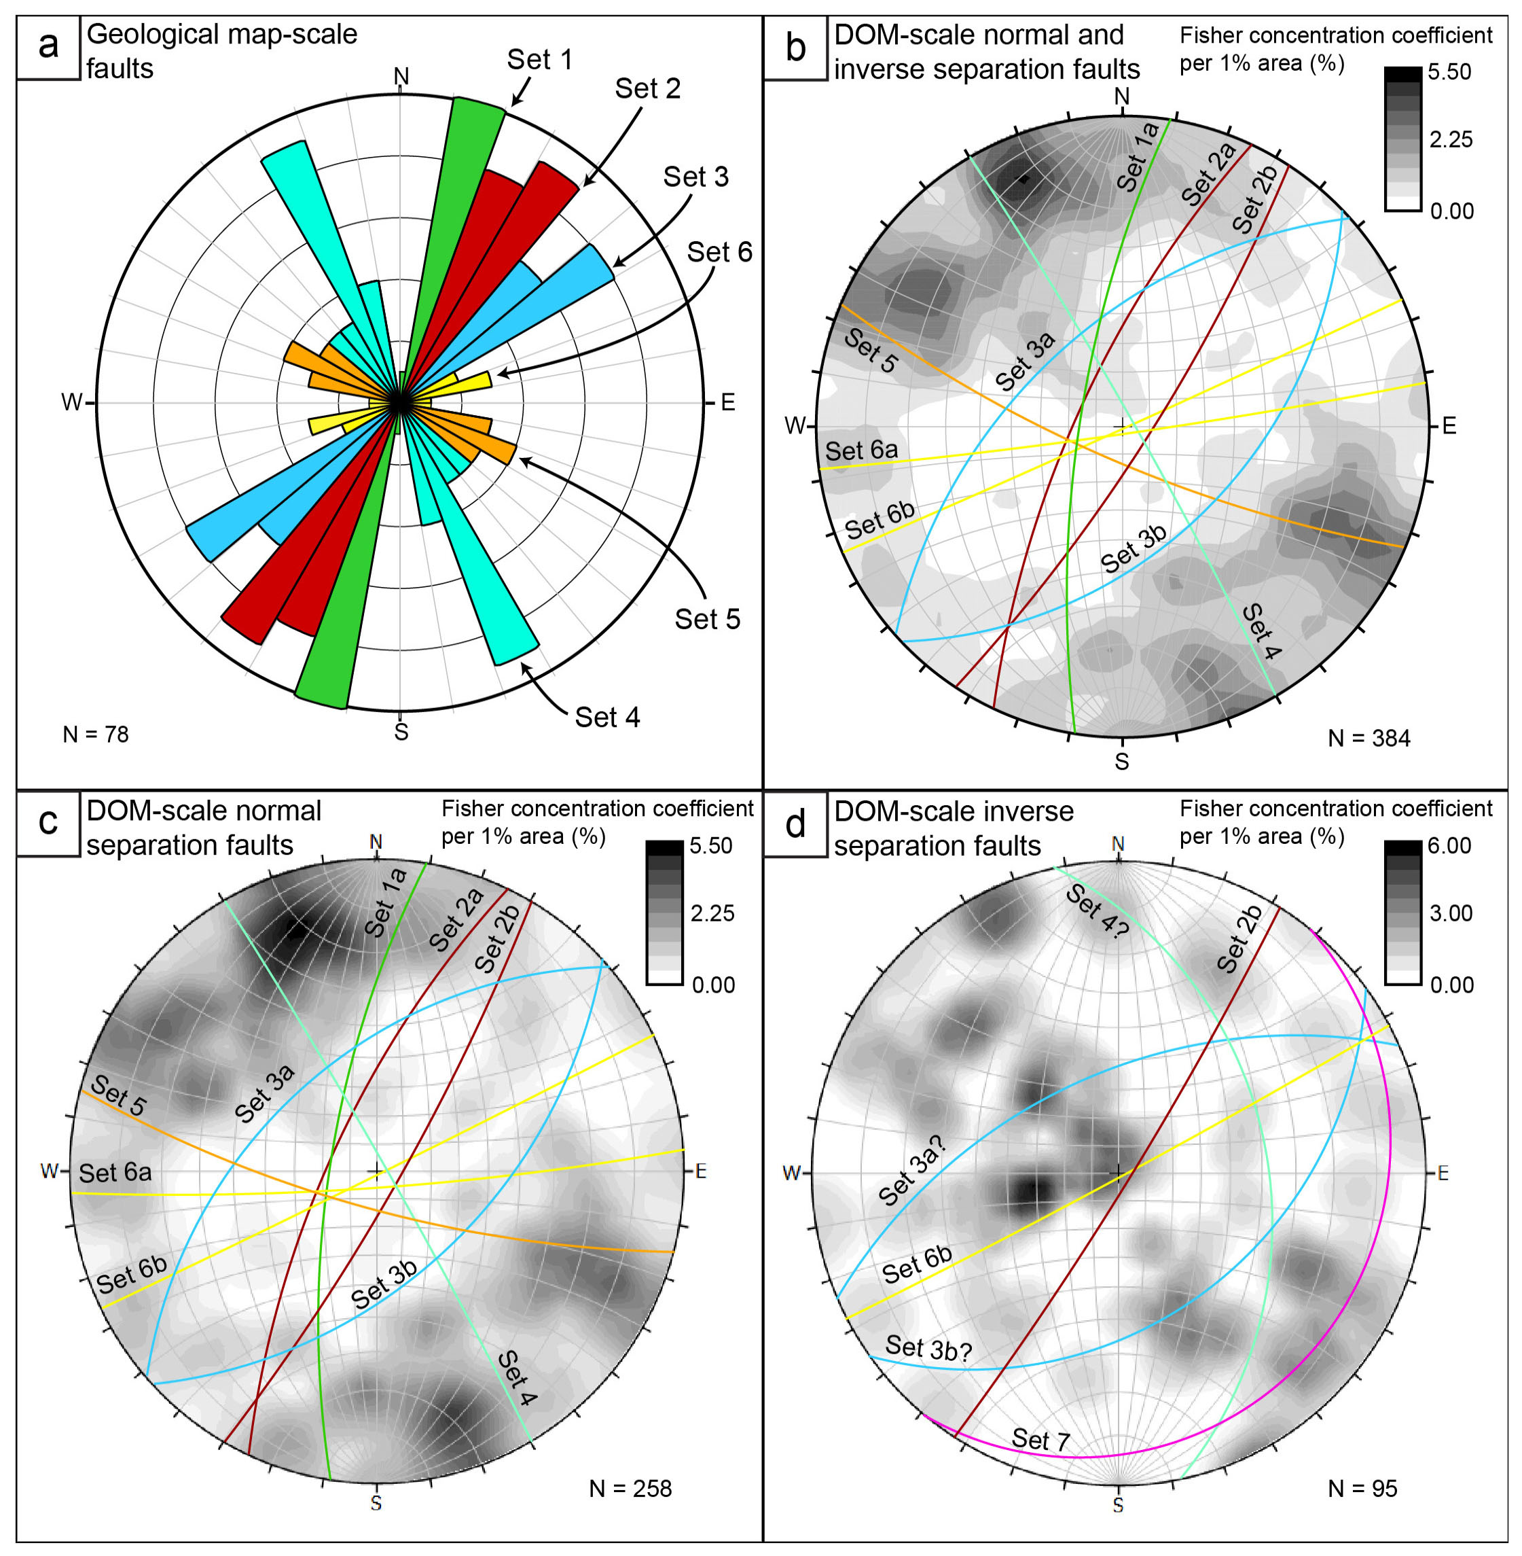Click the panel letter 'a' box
point(48,47)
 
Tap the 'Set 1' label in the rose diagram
point(539,59)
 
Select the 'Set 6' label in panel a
point(719,253)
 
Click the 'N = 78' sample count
point(95,734)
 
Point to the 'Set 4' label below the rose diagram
point(608,718)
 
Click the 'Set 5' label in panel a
point(708,619)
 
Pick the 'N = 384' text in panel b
point(1369,738)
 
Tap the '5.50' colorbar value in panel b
point(1449,72)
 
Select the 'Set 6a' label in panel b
point(861,451)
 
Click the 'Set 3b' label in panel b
point(1134,549)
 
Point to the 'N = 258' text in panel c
point(630,1489)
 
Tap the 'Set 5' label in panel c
point(118,1095)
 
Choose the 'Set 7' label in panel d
point(1040,1440)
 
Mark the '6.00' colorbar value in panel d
point(1449,846)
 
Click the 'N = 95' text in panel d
point(1362,1489)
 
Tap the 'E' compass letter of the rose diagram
point(727,402)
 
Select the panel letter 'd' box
point(795,824)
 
